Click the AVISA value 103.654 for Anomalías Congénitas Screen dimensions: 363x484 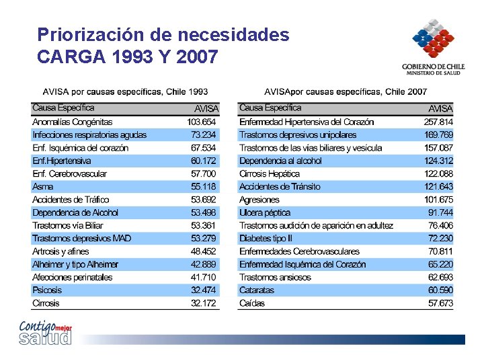202,122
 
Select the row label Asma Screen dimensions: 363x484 42,187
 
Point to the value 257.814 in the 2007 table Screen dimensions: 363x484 438,122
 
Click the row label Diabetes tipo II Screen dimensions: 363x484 266,239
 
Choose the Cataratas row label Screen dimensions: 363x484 257,290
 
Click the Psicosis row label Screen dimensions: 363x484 47,290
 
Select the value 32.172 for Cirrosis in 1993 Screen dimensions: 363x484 204,303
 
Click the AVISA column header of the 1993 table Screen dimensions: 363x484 206,108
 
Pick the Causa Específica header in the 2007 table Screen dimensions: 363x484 270,108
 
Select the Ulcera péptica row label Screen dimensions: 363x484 265,212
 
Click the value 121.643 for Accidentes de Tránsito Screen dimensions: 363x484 438,187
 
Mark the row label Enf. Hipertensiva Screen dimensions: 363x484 61,161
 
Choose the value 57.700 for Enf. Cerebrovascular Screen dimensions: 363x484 204,174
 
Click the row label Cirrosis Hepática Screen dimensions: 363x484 269,174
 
